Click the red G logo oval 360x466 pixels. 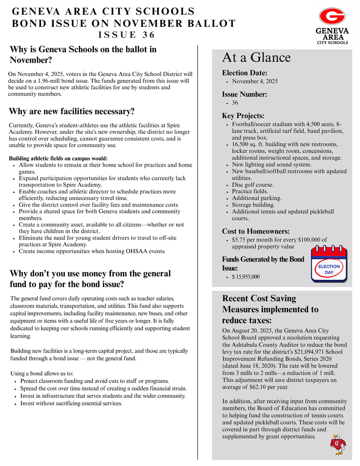332,16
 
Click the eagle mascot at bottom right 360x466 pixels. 337,444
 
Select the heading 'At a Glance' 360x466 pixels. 256,58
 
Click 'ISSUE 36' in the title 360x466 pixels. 127,35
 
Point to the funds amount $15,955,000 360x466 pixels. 246,277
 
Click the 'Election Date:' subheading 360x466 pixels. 244,73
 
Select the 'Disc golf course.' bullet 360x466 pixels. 253,185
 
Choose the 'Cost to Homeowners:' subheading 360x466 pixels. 256,231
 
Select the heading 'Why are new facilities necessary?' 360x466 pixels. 71,111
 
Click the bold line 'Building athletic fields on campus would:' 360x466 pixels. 58,158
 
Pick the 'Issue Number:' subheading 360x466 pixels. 244,95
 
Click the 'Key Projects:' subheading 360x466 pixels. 243,116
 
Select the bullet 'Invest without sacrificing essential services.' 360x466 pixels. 71,403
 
